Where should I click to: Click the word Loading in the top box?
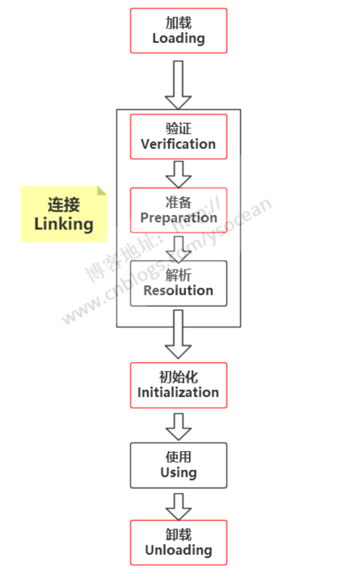click(179, 38)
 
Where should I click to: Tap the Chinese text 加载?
click(179, 23)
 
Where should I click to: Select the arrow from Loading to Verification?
click(179, 84)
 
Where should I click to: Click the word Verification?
click(179, 144)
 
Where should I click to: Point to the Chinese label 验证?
click(179, 128)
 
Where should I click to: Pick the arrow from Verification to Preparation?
click(179, 174)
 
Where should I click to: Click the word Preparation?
click(179, 218)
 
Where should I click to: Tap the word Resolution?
click(179, 290)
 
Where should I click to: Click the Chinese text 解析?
click(179, 275)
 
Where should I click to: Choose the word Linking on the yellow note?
click(64, 224)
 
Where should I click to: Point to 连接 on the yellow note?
click(64, 204)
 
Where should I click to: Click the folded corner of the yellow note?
click(102, 190)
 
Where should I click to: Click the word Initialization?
click(179, 392)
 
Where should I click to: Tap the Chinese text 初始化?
click(179, 376)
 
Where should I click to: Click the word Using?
click(179, 473)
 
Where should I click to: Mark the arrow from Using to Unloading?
click(179, 506)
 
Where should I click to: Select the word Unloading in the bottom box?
click(179, 550)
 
